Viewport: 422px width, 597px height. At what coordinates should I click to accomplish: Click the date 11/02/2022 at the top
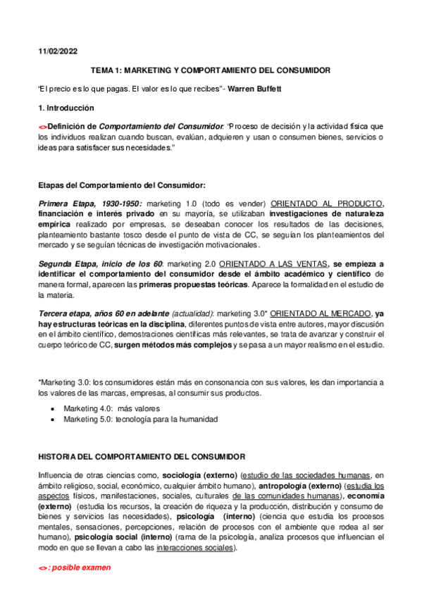click(58, 52)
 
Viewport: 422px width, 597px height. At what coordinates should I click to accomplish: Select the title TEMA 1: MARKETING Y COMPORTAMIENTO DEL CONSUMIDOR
click(211, 71)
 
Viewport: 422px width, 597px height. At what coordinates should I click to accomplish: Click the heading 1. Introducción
click(66, 108)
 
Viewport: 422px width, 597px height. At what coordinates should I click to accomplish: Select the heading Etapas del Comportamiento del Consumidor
click(121, 186)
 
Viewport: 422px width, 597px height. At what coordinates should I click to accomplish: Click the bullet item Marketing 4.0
click(111, 408)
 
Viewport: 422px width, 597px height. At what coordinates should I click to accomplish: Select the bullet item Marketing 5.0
click(140, 420)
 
